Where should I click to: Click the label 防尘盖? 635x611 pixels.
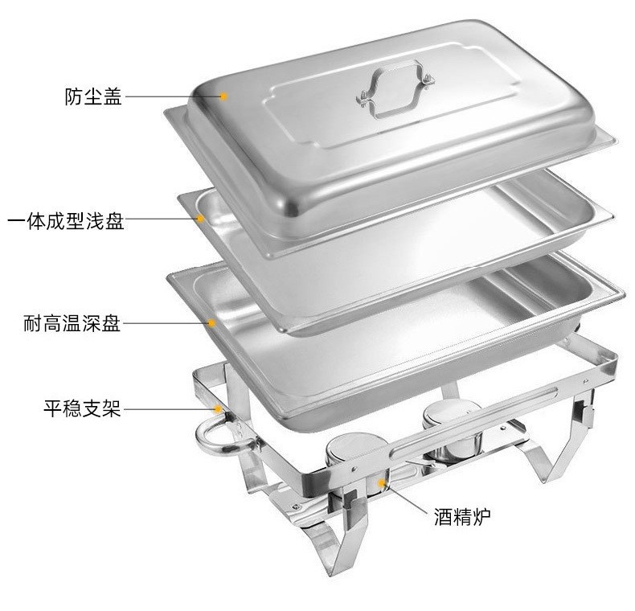93,97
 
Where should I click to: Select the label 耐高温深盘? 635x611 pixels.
72,325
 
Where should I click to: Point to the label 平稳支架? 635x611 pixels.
82,409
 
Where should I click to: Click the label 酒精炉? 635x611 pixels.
461,515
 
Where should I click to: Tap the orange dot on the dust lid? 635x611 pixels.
224,96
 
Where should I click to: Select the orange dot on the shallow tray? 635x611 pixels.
200,218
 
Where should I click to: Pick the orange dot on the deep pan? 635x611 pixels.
212,323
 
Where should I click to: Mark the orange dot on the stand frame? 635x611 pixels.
218,409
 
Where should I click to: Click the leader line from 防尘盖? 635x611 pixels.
173,96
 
